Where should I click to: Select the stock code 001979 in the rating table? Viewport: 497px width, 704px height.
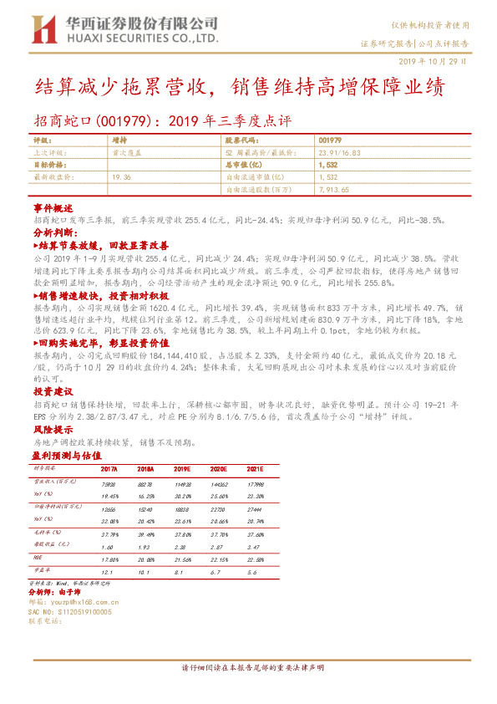[x=330, y=141]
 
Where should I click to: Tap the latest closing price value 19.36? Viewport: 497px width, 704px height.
[x=121, y=177]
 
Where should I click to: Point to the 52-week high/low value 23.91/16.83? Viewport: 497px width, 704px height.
[x=340, y=153]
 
